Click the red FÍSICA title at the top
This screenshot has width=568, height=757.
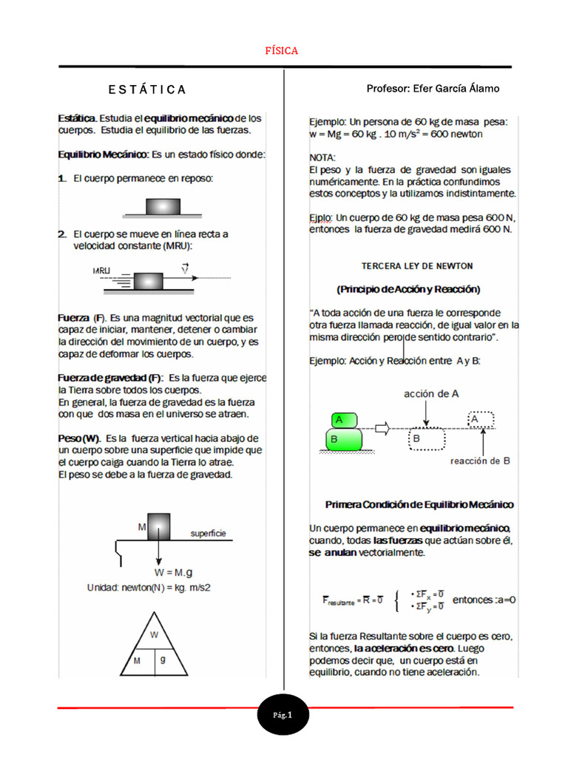pos(281,51)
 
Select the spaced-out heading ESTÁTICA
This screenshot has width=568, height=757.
pos(147,90)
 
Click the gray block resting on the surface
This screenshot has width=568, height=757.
pos(163,206)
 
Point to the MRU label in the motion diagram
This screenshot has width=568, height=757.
pos(101,271)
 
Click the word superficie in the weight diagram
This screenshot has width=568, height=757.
pos(208,533)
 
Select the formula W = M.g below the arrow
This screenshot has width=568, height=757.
pos(173,572)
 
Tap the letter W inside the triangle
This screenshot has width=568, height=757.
pos(155,634)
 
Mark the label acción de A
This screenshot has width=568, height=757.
pos(431,394)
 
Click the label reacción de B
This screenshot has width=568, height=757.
pos(480,461)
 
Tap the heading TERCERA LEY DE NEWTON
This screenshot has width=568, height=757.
pos(416,265)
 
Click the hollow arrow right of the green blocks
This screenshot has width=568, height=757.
pos(381,428)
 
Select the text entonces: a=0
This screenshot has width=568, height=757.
pos(484,600)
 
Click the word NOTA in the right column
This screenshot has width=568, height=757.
pos(322,158)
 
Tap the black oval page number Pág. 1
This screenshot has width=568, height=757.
pos(283,716)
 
